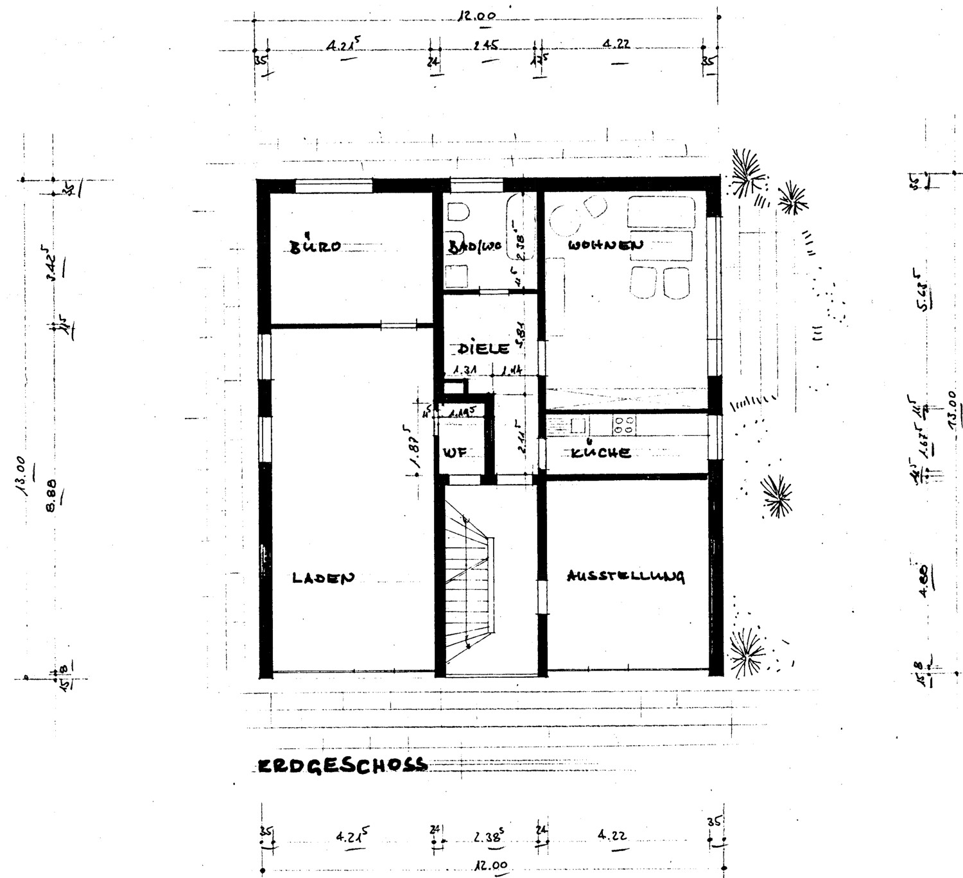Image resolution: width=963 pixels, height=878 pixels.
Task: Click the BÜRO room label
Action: (x=314, y=246)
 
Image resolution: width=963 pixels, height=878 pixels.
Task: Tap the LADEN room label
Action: (x=323, y=578)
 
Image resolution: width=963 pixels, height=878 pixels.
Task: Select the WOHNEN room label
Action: (x=605, y=245)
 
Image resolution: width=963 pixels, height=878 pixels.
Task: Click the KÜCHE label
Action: (x=600, y=452)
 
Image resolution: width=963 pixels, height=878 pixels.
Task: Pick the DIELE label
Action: (x=483, y=349)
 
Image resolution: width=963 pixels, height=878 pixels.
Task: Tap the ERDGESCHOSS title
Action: (x=342, y=765)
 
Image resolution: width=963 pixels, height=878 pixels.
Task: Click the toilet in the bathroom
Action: (x=458, y=212)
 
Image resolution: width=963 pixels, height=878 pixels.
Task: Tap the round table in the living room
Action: (x=566, y=221)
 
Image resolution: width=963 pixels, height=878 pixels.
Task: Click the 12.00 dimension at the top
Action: (x=476, y=16)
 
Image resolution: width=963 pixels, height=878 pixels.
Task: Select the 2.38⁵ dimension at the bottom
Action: (x=489, y=837)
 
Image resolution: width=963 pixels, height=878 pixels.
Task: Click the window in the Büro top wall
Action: (x=333, y=186)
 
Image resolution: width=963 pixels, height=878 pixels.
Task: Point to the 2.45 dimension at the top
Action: (x=486, y=46)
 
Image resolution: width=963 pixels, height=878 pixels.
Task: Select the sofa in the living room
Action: (x=661, y=212)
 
